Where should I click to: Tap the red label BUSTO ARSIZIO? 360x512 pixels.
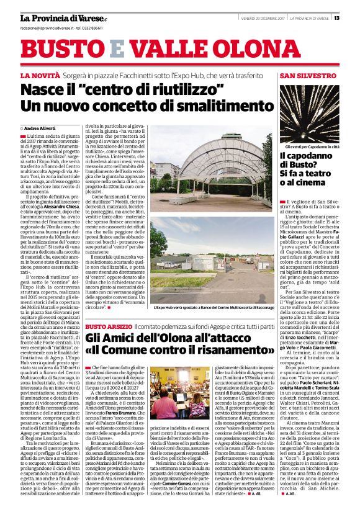(x=108, y=326)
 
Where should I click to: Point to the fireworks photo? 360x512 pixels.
(x=308, y=111)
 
